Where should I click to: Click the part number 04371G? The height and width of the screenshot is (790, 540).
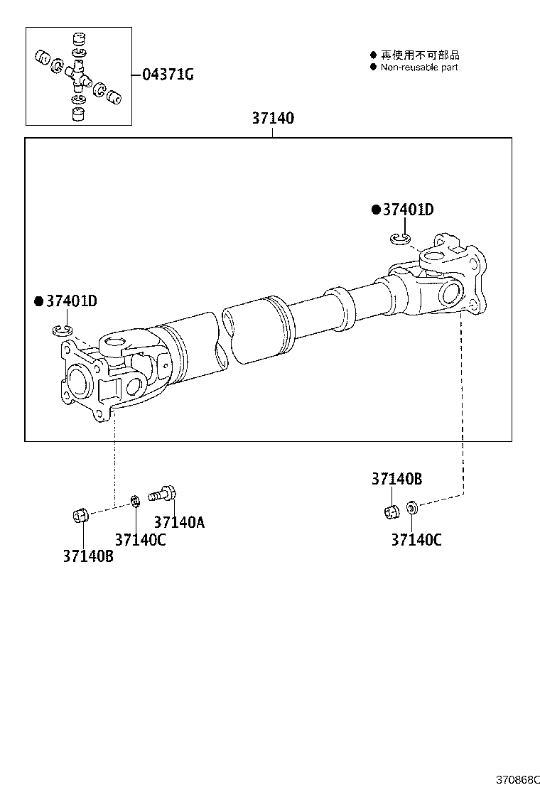[x=168, y=75]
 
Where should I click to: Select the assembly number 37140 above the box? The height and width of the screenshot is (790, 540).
[x=272, y=119]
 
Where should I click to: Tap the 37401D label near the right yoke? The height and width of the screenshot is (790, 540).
[x=407, y=210]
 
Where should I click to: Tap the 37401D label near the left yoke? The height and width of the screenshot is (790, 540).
[x=70, y=301]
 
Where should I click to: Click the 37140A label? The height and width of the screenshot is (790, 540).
[x=178, y=522]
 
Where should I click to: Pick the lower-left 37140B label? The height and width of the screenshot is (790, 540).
[x=87, y=556]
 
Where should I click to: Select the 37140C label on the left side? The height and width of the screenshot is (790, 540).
[x=140, y=540]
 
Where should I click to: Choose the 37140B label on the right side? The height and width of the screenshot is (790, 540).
[x=396, y=480]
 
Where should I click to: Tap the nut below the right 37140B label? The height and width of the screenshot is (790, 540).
[x=390, y=510]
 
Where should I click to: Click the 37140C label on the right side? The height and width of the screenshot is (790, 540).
[x=416, y=540]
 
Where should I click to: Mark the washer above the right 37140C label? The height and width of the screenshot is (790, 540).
[x=411, y=507]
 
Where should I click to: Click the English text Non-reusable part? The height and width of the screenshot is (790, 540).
[x=418, y=67]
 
